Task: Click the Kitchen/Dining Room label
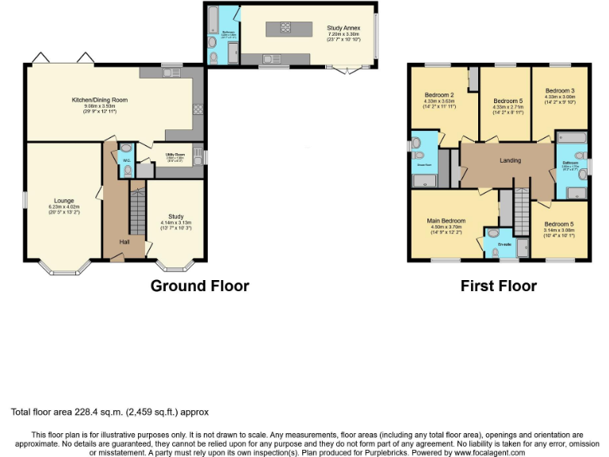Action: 100,100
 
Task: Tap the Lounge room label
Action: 64,201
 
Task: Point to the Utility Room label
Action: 174,155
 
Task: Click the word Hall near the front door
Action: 124,242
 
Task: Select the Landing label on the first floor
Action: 510,160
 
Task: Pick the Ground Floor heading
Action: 200,286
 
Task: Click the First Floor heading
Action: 498,286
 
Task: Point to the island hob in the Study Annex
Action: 284,29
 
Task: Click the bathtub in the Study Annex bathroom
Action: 214,17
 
